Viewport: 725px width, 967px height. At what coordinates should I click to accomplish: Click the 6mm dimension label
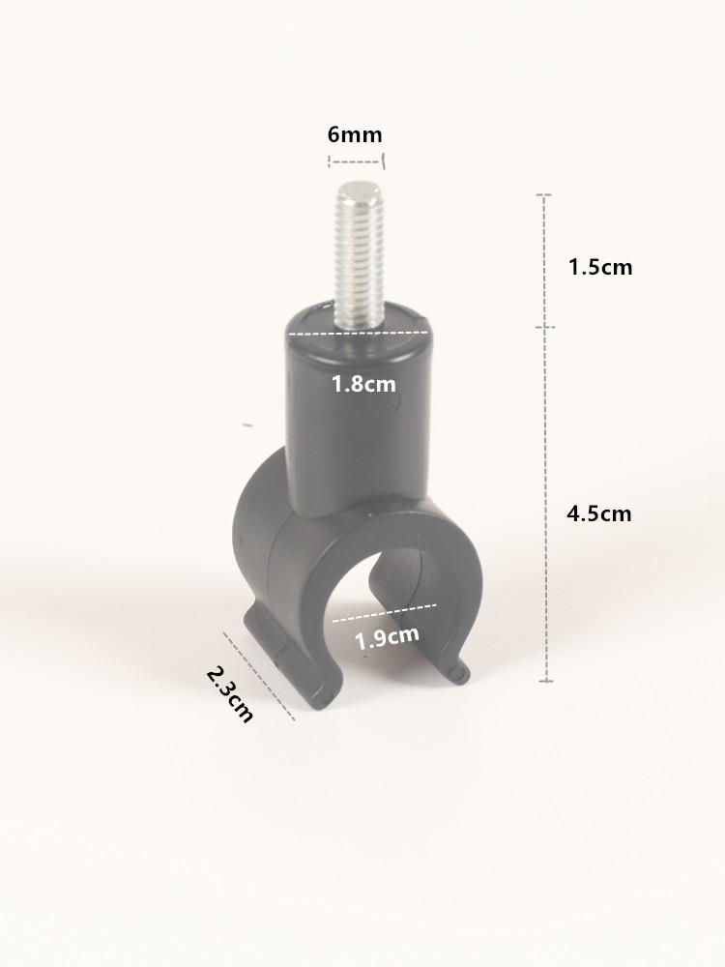[x=355, y=134]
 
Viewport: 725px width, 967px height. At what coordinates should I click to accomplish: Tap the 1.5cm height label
[x=599, y=267]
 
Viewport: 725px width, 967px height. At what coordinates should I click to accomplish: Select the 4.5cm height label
[x=599, y=513]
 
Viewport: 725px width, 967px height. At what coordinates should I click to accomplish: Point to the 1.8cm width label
[x=363, y=384]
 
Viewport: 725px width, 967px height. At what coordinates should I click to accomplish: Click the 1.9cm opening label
[x=387, y=637]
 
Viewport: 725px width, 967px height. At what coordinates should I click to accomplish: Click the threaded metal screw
[x=358, y=256]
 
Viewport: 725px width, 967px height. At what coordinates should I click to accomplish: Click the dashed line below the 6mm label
[x=356, y=159]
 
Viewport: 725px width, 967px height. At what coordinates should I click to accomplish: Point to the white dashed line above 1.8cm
[x=358, y=334]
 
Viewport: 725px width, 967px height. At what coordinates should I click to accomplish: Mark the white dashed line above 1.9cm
[x=385, y=611]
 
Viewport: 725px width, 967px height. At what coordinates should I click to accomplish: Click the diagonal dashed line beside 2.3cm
[x=259, y=676]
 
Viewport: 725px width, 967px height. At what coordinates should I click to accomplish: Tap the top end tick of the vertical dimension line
[x=546, y=195]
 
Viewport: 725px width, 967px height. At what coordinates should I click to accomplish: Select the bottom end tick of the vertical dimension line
[x=546, y=681]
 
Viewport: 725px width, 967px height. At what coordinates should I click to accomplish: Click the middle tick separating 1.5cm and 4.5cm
[x=546, y=327]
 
